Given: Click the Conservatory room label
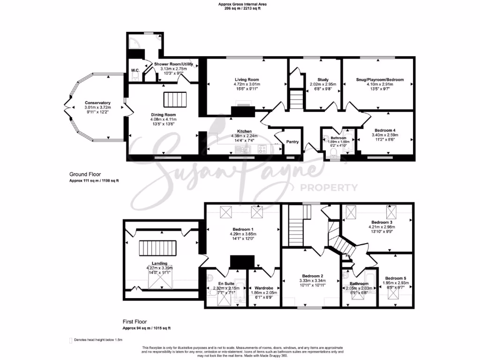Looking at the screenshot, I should pos(97,103).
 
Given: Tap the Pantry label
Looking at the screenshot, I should pos(292,142).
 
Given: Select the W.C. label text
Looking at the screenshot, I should pos(135,70).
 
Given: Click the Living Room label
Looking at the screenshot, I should pos(247,80).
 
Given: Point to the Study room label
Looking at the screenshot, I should pos(322,80).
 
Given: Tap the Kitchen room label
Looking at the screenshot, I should pos(244,131).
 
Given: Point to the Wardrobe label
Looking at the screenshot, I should pos(263,288).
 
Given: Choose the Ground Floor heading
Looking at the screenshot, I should pos(85,174).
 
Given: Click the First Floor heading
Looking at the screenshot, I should pos(135,322).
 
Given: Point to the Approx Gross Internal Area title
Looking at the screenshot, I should pos(240,4).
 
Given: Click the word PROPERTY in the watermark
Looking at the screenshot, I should pos(329,188).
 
